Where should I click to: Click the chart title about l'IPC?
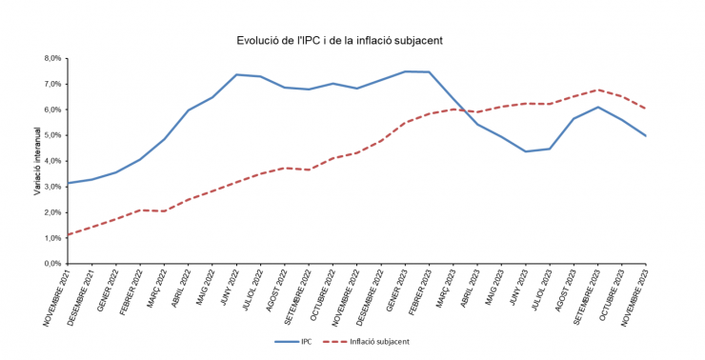tap(339, 40)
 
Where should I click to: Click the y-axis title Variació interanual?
tap(37, 161)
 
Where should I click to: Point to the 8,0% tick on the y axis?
tap(50, 58)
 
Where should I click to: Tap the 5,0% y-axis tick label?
tap(50, 135)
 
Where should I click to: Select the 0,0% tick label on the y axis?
tap(50, 263)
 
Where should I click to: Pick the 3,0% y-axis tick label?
tap(50, 187)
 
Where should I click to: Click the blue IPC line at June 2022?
tap(236, 74)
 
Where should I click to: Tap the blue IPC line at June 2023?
tap(525, 151)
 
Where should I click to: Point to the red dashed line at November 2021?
tap(68, 234)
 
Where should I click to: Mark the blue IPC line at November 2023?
tap(645, 135)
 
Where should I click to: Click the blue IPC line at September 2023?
tap(597, 107)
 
